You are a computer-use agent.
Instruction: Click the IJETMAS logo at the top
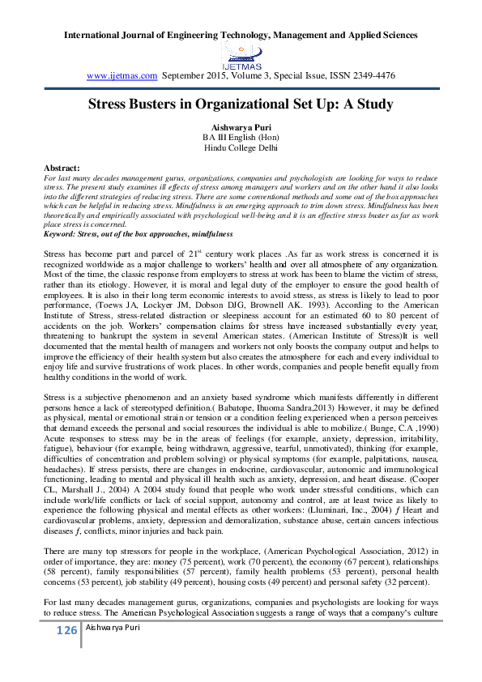241,56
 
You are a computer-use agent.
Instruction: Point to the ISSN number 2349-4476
370,75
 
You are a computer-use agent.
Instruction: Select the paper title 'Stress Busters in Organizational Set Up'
241,104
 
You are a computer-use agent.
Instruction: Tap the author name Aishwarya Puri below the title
241,128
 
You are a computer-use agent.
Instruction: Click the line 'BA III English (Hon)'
241,138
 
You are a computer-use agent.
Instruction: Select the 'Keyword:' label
62,233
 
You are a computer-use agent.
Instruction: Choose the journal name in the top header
241,36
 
